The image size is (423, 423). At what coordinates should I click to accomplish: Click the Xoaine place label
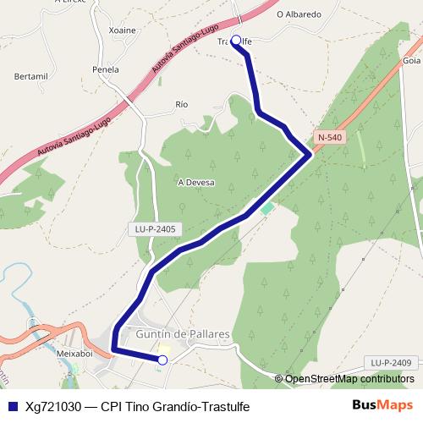123,30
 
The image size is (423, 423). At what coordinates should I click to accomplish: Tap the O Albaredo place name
299,14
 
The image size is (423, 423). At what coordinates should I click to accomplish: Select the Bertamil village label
31,76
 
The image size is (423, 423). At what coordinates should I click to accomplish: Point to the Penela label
106,69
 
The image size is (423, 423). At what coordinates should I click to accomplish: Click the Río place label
180,104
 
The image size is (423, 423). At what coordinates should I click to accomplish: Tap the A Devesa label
195,182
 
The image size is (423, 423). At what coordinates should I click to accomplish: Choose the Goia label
412,61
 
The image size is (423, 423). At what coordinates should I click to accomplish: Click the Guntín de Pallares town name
183,334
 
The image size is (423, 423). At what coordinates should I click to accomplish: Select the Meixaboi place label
74,353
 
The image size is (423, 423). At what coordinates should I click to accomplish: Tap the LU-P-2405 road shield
155,228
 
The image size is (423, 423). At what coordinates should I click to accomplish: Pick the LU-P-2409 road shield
391,363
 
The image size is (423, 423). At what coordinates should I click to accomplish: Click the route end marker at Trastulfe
236,40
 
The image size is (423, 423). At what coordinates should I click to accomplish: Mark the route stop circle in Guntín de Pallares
162,360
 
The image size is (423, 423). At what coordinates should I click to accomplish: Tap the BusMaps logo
382,405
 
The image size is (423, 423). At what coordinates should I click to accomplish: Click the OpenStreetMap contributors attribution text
349,378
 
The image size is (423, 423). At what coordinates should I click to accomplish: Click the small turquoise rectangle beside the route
267,207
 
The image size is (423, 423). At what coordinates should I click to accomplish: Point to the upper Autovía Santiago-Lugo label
184,53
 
